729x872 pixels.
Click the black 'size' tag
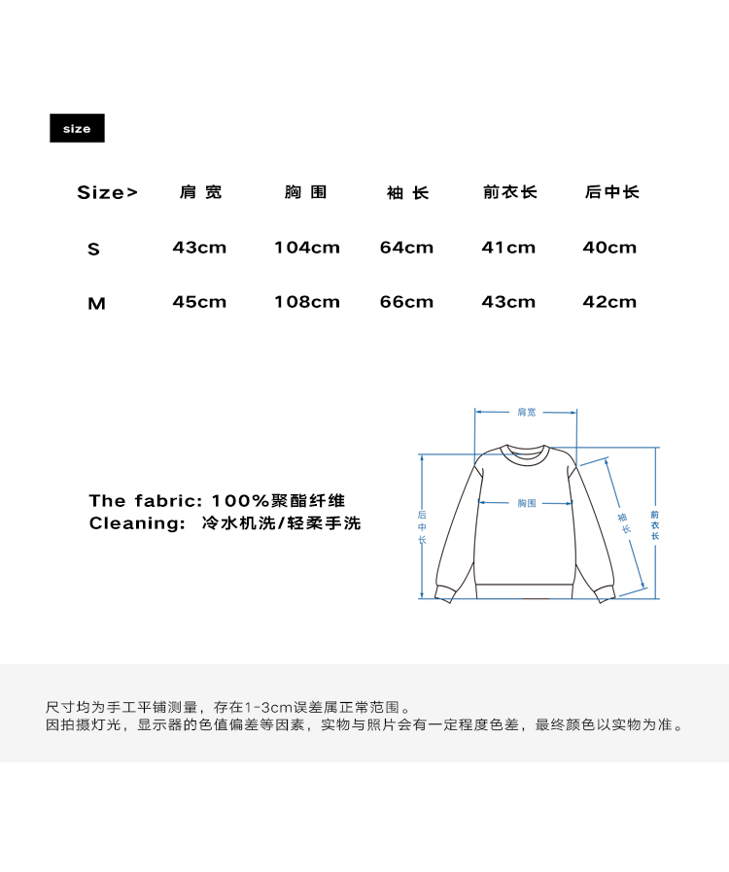click(77, 128)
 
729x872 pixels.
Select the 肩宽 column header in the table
click(201, 192)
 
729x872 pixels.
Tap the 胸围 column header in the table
click(305, 192)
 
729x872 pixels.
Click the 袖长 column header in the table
click(407, 193)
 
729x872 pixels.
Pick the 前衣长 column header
click(509, 192)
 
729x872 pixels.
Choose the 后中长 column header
click(611, 192)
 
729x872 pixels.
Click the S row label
click(93, 250)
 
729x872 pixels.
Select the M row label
click(96, 304)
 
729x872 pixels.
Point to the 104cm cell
click(307, 248)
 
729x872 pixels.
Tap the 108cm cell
click(307, 302)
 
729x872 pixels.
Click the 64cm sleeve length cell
click(406, 248)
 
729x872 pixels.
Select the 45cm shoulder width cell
click(199, 302)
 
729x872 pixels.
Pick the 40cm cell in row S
click(609, 248)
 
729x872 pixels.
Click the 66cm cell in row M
click(406, 302)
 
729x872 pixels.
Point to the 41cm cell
click(508, 248)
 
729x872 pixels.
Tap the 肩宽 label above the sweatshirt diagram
click(526, 413)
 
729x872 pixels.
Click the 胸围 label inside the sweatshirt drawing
click(526, 503)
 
